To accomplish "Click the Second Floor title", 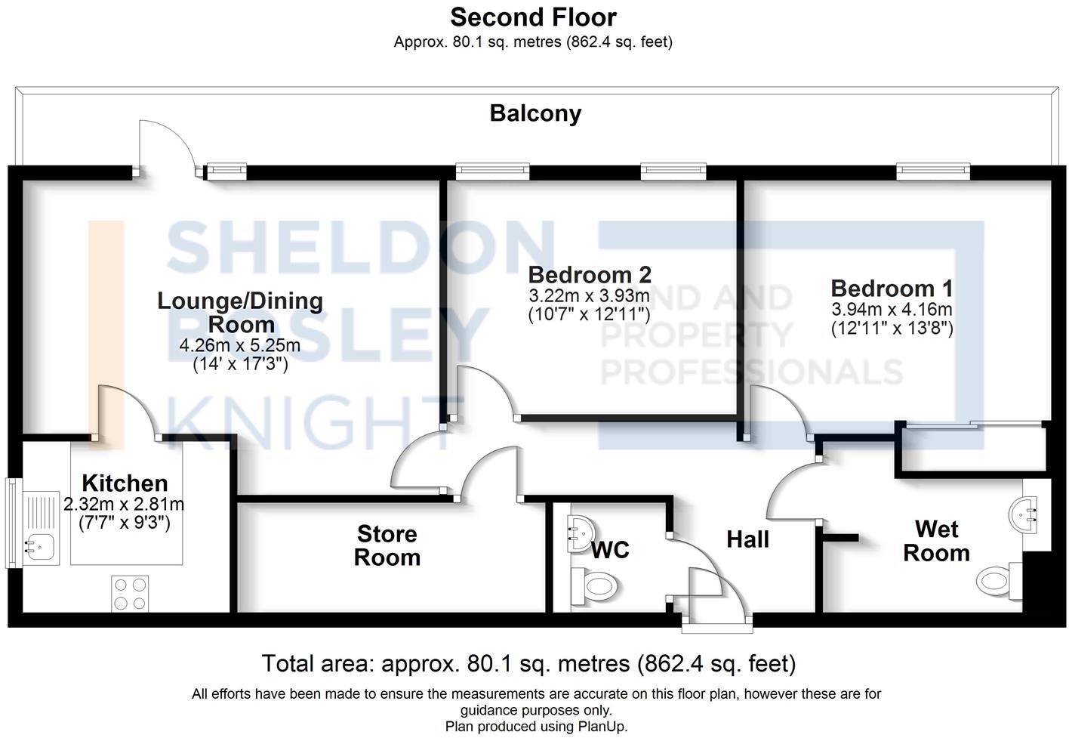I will coord(533,17).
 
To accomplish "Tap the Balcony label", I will coord(535,113).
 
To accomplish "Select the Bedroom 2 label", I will coord(589,274).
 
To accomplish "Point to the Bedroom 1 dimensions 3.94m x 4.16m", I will coord(892,310).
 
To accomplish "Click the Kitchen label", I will coord(125,483).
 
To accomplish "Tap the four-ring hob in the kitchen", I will coord(130,593).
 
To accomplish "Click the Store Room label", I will coord(387,545).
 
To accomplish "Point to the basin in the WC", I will coord(579,530).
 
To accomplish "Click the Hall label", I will coord(747,539).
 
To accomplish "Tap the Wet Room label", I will coord(936,541).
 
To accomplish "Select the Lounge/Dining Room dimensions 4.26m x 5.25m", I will coord(239,346).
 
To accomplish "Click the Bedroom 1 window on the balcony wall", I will coord(932,171).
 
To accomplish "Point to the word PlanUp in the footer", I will coord(601,727).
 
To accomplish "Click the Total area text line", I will coord(528,664).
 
